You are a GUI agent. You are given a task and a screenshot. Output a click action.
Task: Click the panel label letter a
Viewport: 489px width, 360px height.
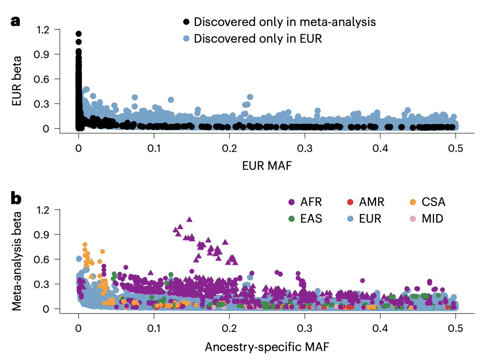15,22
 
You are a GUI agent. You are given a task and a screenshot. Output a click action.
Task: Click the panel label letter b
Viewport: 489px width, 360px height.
15,199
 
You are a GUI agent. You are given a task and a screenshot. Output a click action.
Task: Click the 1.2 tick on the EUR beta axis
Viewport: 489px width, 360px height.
42,30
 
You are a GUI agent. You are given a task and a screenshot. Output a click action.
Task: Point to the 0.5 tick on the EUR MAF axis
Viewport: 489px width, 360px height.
455,147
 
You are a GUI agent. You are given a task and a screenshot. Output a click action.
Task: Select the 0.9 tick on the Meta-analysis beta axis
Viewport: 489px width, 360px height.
42,235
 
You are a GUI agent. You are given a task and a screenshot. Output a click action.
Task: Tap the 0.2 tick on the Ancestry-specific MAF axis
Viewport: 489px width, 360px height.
229,327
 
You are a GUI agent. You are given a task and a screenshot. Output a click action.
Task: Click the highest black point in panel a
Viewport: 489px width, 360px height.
79,34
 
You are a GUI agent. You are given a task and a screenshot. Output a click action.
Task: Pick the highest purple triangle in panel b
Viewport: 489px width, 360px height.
189,219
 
